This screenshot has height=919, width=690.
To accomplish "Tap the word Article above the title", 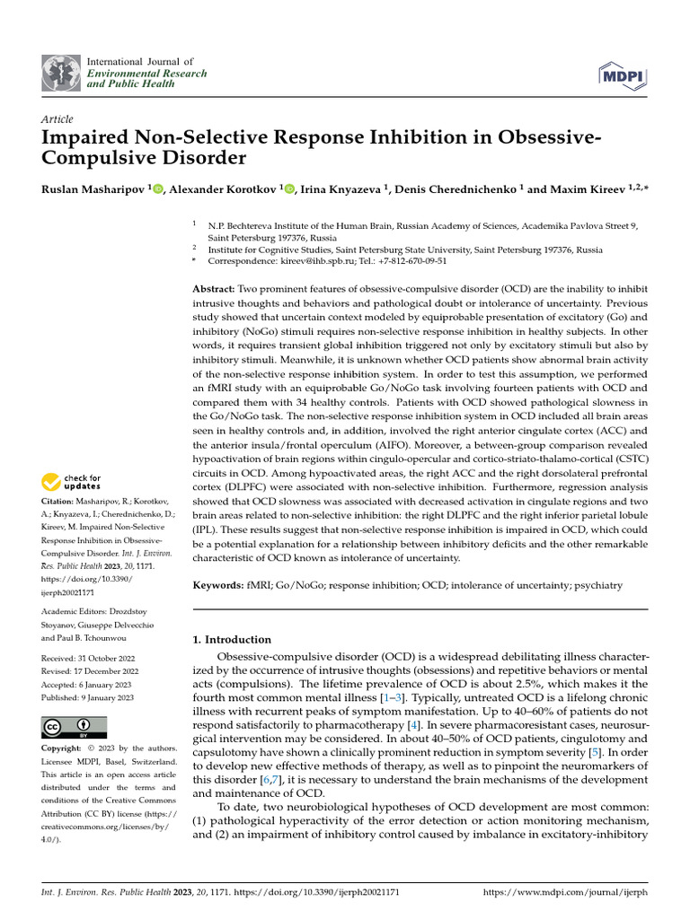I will pyautogui.click(x=57, y=119).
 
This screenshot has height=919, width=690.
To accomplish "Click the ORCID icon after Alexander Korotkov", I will pyautogui.click(x=294, y=188).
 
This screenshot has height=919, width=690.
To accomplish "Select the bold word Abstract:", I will pyautogui.click(x=214, y=290).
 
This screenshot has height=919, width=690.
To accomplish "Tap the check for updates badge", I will pyautogui.click(x=72, y=482).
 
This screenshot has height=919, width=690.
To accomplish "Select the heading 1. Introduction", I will pyautogui.click(x=233, y=640).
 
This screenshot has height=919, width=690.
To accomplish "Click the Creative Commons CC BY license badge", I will pyautogui.click(x=74, y=727).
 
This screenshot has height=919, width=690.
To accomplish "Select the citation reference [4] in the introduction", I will pyautogui.click(x=411, y=723).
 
